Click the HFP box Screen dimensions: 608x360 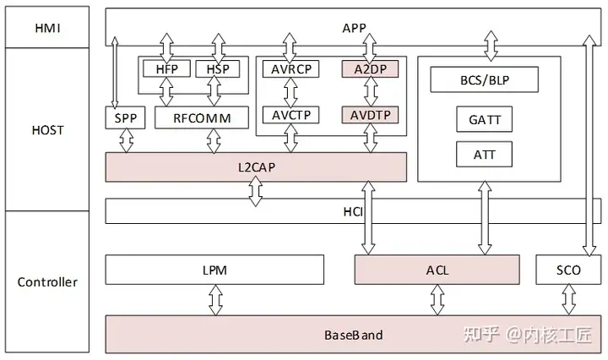pyautogui.click(x=166, y=68)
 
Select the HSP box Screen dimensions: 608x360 pyautogui.click(x=218, y=68)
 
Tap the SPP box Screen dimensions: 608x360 pyautogui.click(x=125, y=117)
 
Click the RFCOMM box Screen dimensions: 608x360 pyautogui.click(x=202, y=117)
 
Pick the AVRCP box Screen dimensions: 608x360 pyautogui.click(x=290, y=68)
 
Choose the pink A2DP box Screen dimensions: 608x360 pyautogui.click(x=370, y=68)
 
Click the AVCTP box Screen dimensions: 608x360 pyautogui.click(x=290, y=115)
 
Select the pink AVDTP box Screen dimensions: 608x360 pyautogui.click(x=370, y=115)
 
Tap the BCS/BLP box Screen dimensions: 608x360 pyautogui.click(x=485, y=79)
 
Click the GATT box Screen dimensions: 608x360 pyautogui.click(x=485, y=119)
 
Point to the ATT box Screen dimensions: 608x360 pyautogui.click(x=485, y=155)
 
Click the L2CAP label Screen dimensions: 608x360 pyautogui.click(x=257, y=167)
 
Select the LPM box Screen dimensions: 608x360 pyautogui.click(x=214, y=270)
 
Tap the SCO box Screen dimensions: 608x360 pyautogui.click(x=568, y=270)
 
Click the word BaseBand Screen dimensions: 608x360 pyautogui.click(x=353, y=335)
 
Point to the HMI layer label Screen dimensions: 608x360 pyautogui.click(x=47, y=28)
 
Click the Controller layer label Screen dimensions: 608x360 pyautogui.click(x=47, y=282)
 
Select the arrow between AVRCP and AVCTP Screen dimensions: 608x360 pyautogui.click(x=290, y=92)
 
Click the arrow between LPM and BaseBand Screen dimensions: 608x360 pyautogui.click(x=215, y=300)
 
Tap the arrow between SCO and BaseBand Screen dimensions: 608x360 pyautogui.click(x=568, y=299)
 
